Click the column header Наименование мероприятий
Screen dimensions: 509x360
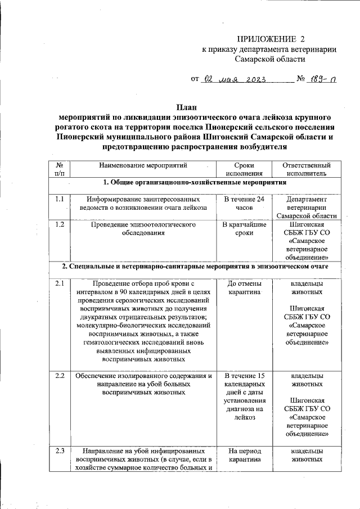[143, 166]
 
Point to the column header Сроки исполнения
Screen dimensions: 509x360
[244, 170]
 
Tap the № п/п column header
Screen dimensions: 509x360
[60, 170]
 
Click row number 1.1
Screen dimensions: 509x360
[60, 199]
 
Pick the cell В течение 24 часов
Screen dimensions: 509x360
[244, 203]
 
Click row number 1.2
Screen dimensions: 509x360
[60, 224]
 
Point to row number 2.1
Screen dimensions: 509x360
[60, 284]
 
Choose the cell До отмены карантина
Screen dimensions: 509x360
[244, 288]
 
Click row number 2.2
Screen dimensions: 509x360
[60, 376]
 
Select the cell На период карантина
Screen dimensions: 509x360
[244, 454]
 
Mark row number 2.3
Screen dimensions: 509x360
[60, 451]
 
